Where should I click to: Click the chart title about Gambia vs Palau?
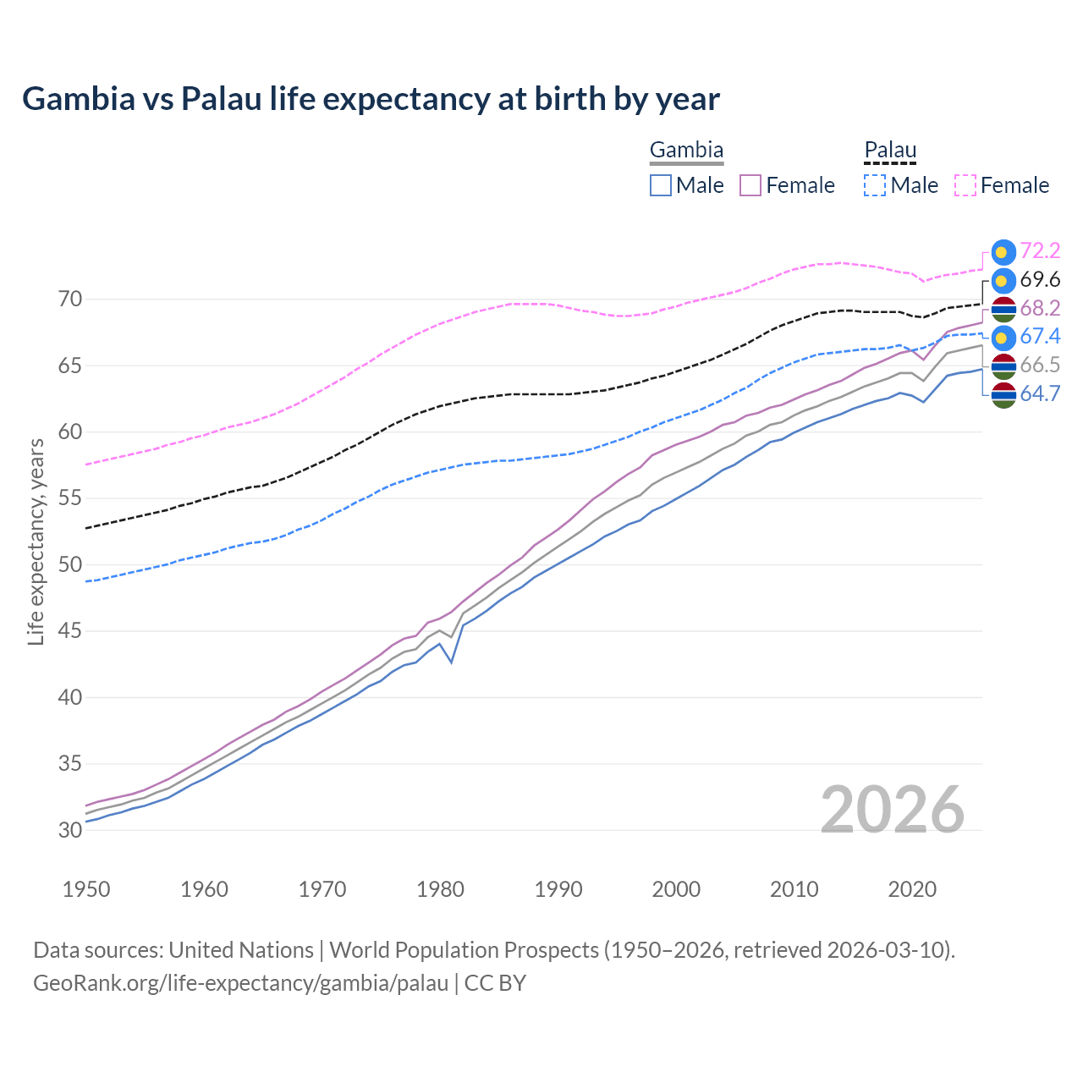[371, 99]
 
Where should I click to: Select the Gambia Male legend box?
[661, 185]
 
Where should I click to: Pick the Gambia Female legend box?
[750, 185]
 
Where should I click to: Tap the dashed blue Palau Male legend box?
[875, 185]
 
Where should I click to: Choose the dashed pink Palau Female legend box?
[965, 185]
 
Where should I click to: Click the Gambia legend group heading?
[686, 151]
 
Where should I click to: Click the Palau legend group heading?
[890, 151]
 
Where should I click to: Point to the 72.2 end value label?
[1040, 250]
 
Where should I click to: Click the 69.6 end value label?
[1040, 279]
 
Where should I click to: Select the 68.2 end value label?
[1040, 308]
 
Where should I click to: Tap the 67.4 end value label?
[1040, 336]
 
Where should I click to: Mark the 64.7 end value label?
[1040, 393]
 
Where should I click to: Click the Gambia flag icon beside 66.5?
[1003, 366]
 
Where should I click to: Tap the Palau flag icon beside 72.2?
[1003, 251]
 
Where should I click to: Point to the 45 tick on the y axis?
[70, 631]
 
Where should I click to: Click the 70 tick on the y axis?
[70, 300]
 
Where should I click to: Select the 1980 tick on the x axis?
[441, 889]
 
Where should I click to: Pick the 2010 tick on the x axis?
[794, 889]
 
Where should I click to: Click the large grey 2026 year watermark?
[892, 810]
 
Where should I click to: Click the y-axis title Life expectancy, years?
[36, 541]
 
